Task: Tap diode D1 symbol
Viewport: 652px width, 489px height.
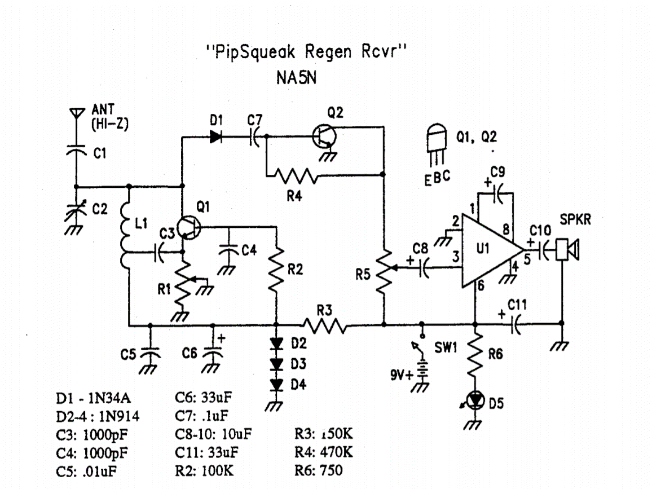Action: point(215,136)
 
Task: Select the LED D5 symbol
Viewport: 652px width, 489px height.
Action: point(477,400)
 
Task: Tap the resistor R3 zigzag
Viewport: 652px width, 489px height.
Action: point(325,325)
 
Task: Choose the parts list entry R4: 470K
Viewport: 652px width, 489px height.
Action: point(324,452)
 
